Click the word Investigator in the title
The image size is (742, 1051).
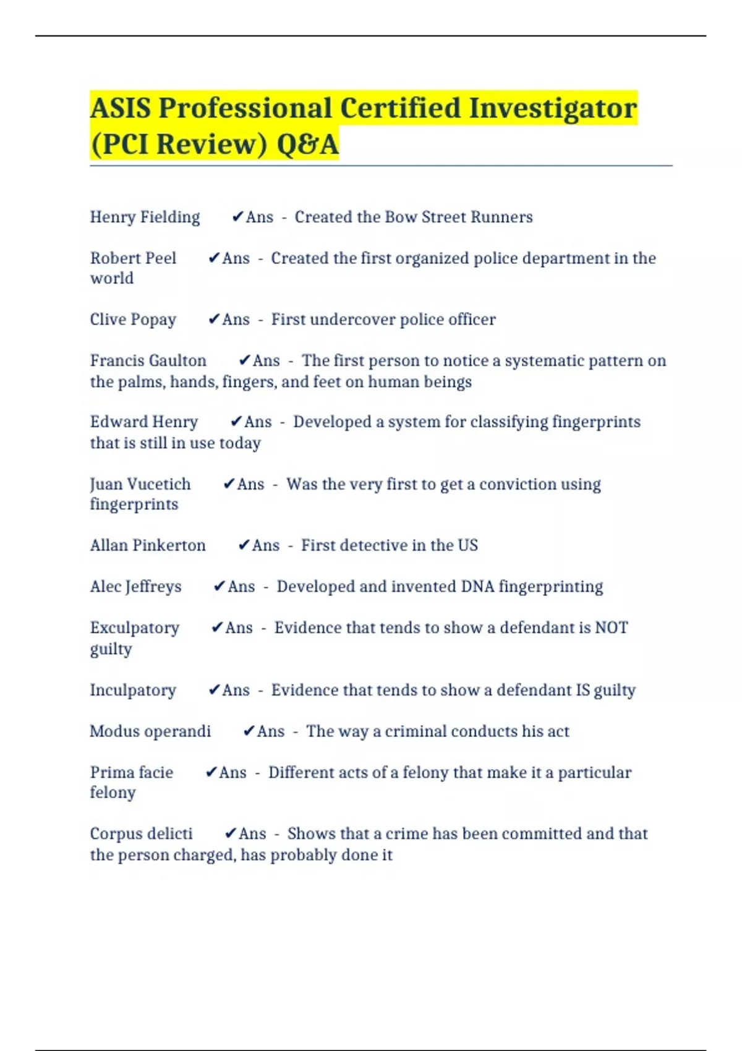[x=552, y=108]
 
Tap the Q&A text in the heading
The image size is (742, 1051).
[x=307, y=145]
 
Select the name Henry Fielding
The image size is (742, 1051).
[x=145, y=217]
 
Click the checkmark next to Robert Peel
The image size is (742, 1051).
[x=214, y=258]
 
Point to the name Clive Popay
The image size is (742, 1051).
[x=133, y=320]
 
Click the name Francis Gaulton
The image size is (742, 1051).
[x=148, y=360]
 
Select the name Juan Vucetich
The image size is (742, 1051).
[x=140, y=484]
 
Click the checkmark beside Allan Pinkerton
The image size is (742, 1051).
[x=244, y=545]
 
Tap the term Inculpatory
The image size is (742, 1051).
[x=133, y=690]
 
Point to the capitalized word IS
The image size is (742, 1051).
[x=582, y=690]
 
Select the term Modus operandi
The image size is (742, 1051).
[x=150, y=731]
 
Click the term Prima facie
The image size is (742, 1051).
[x=131, y=772]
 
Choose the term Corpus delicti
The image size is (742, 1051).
[x=141, y=833]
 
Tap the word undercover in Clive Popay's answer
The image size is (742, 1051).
[x=352, y=320]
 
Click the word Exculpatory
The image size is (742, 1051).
[x=134, y=628]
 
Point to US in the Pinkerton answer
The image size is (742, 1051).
[x=467, y=545]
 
